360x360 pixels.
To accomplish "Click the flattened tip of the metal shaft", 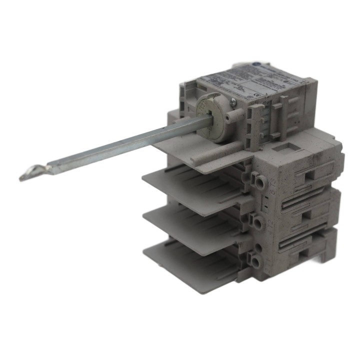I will pyautogui.click(x=27, y=174).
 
